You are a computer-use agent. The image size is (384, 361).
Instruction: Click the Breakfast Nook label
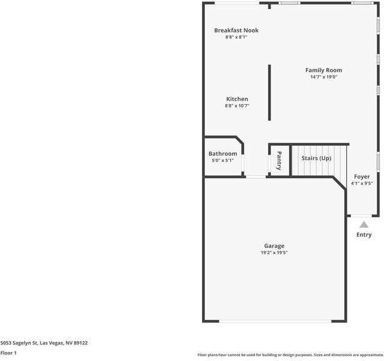tap(236, 30)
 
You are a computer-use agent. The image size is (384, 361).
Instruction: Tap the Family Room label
tap(323, 70)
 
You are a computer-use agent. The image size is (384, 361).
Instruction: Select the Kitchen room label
tap(237, 99)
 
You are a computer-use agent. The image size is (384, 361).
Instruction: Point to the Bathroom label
tap(222, 153)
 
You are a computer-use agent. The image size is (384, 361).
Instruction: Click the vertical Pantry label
tap(279, 160)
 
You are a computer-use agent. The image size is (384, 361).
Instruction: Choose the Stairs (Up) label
tap(316, 158)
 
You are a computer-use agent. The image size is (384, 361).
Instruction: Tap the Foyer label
tap(362, 177)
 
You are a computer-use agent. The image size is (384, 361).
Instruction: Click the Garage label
tap(274, 245)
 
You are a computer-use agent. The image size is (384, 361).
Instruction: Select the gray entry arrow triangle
tap(364, 224)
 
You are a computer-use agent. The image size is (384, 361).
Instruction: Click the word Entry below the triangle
tap(364, 235)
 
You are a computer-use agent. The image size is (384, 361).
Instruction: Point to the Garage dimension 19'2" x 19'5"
tap(274, 253)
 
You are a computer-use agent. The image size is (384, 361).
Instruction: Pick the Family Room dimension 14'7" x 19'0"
tap(323, 77)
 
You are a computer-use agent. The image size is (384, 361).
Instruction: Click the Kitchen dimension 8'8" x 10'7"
tap(237, 106)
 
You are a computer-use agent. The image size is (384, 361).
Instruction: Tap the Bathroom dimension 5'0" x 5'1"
tap(222, 160)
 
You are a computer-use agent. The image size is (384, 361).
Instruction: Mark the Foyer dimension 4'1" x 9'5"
tap(362, 184)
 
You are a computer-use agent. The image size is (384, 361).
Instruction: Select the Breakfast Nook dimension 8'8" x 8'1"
tap(236, 37)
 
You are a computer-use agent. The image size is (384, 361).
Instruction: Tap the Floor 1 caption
tap(8, 353)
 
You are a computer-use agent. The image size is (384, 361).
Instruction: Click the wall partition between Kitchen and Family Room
tap(269, 93)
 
